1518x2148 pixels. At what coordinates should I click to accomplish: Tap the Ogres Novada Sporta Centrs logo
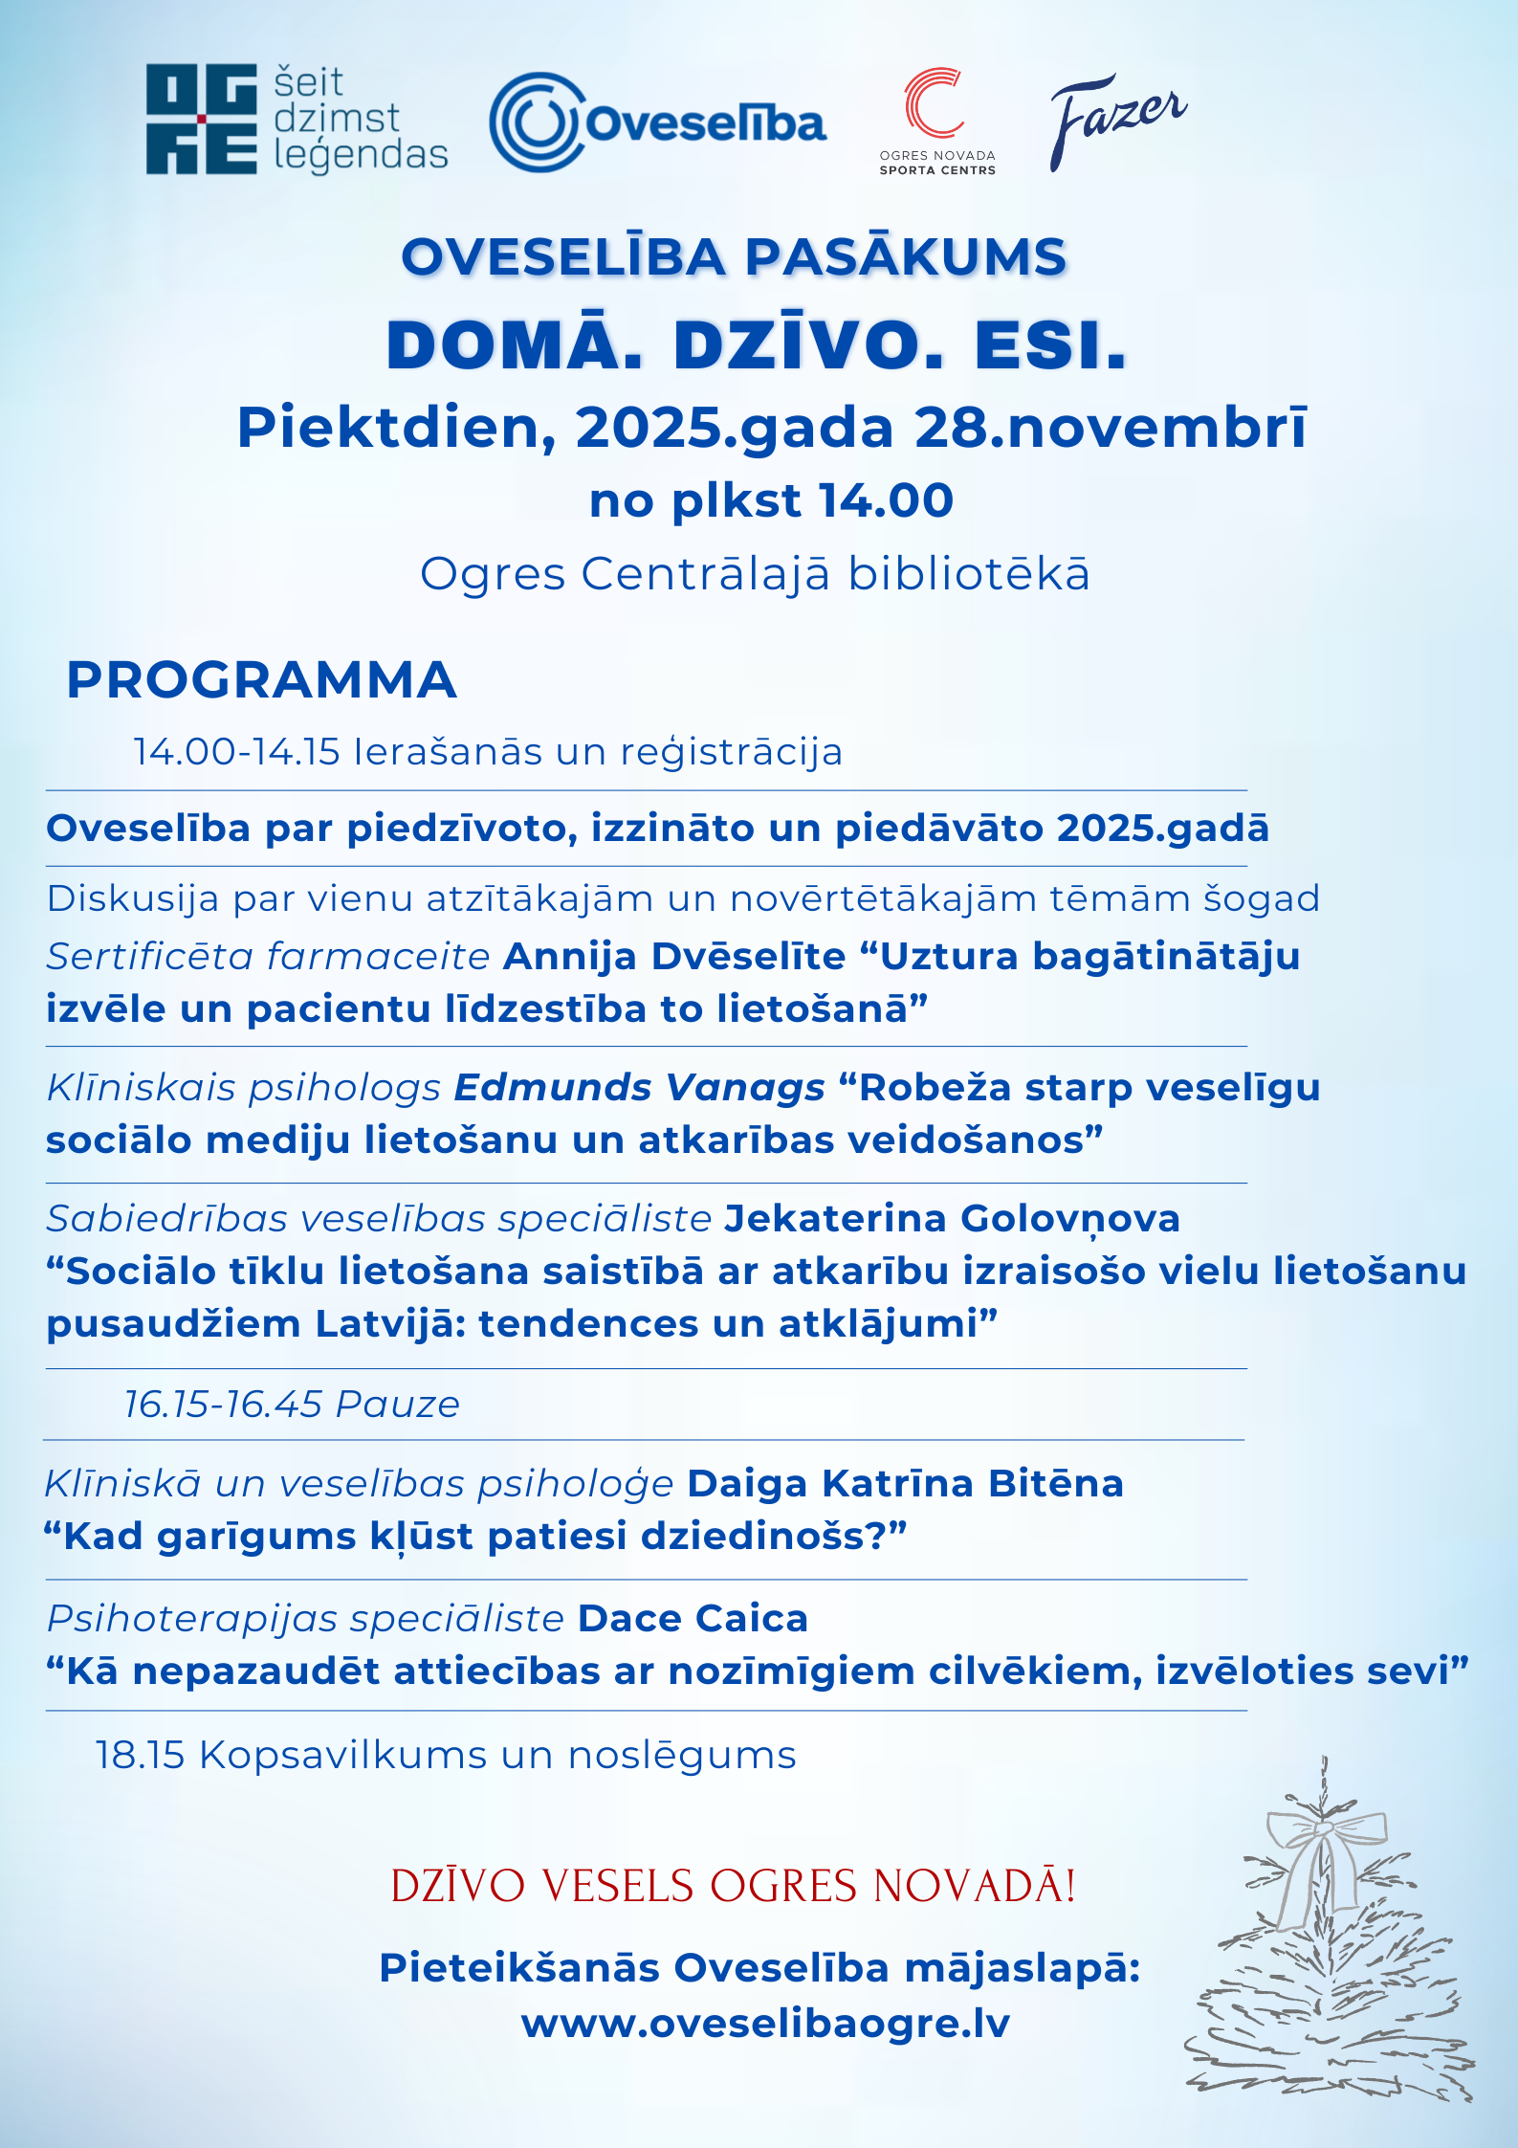[x=936, y=119]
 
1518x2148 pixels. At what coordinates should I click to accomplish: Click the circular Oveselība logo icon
[x=536, y=122]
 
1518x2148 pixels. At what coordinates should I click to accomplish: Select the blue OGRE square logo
[x=201, y=120]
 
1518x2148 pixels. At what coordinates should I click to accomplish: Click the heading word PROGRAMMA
[x=261, y=680]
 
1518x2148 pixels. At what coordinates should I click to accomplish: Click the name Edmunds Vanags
[x=639, y=1088]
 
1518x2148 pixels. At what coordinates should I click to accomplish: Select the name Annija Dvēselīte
[x=674, y=957]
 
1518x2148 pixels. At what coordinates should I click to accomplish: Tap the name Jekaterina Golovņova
[x=952, y=1219]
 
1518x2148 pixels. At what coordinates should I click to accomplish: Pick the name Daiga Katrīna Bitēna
[x=905, y=1484]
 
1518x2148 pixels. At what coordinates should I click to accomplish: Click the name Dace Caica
[x=693, y=1619]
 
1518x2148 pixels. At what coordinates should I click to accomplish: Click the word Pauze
[x=398, y=1405]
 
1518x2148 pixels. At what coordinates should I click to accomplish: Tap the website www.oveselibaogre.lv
[x=765, y=2024]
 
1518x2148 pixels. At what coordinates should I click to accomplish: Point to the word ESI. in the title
[x=1050, y=345]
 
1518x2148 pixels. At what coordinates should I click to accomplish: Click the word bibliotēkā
[x=969, y=574]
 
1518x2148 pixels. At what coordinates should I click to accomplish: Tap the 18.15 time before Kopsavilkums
[x=140, y=1756]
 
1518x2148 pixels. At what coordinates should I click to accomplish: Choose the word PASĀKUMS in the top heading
[x=905, y=257]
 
